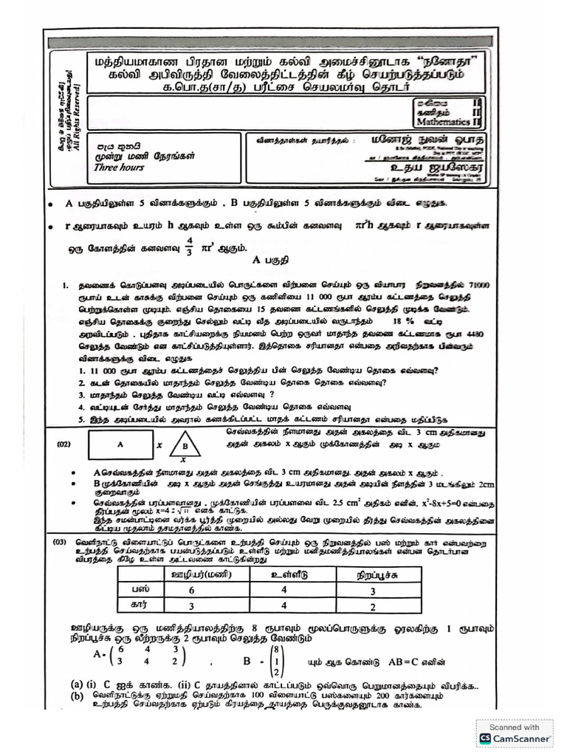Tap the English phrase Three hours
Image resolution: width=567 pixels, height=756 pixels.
coord(119,168)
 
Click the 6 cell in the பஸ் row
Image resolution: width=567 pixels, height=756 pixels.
coord(191,591)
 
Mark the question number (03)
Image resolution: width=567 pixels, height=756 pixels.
coord(63,543)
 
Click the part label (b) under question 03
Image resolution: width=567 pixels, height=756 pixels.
coord(77,695)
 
